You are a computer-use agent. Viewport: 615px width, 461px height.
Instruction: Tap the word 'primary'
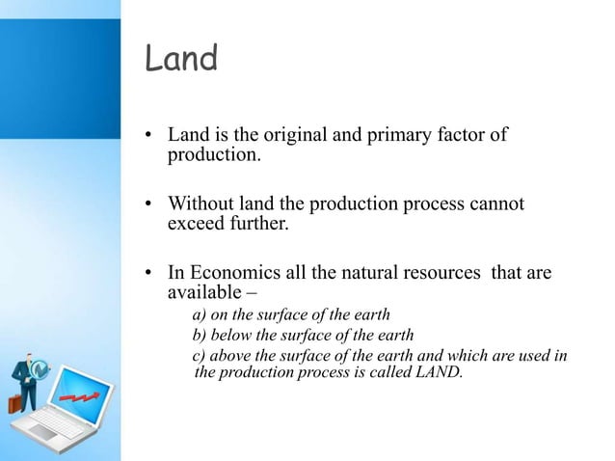389,135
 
